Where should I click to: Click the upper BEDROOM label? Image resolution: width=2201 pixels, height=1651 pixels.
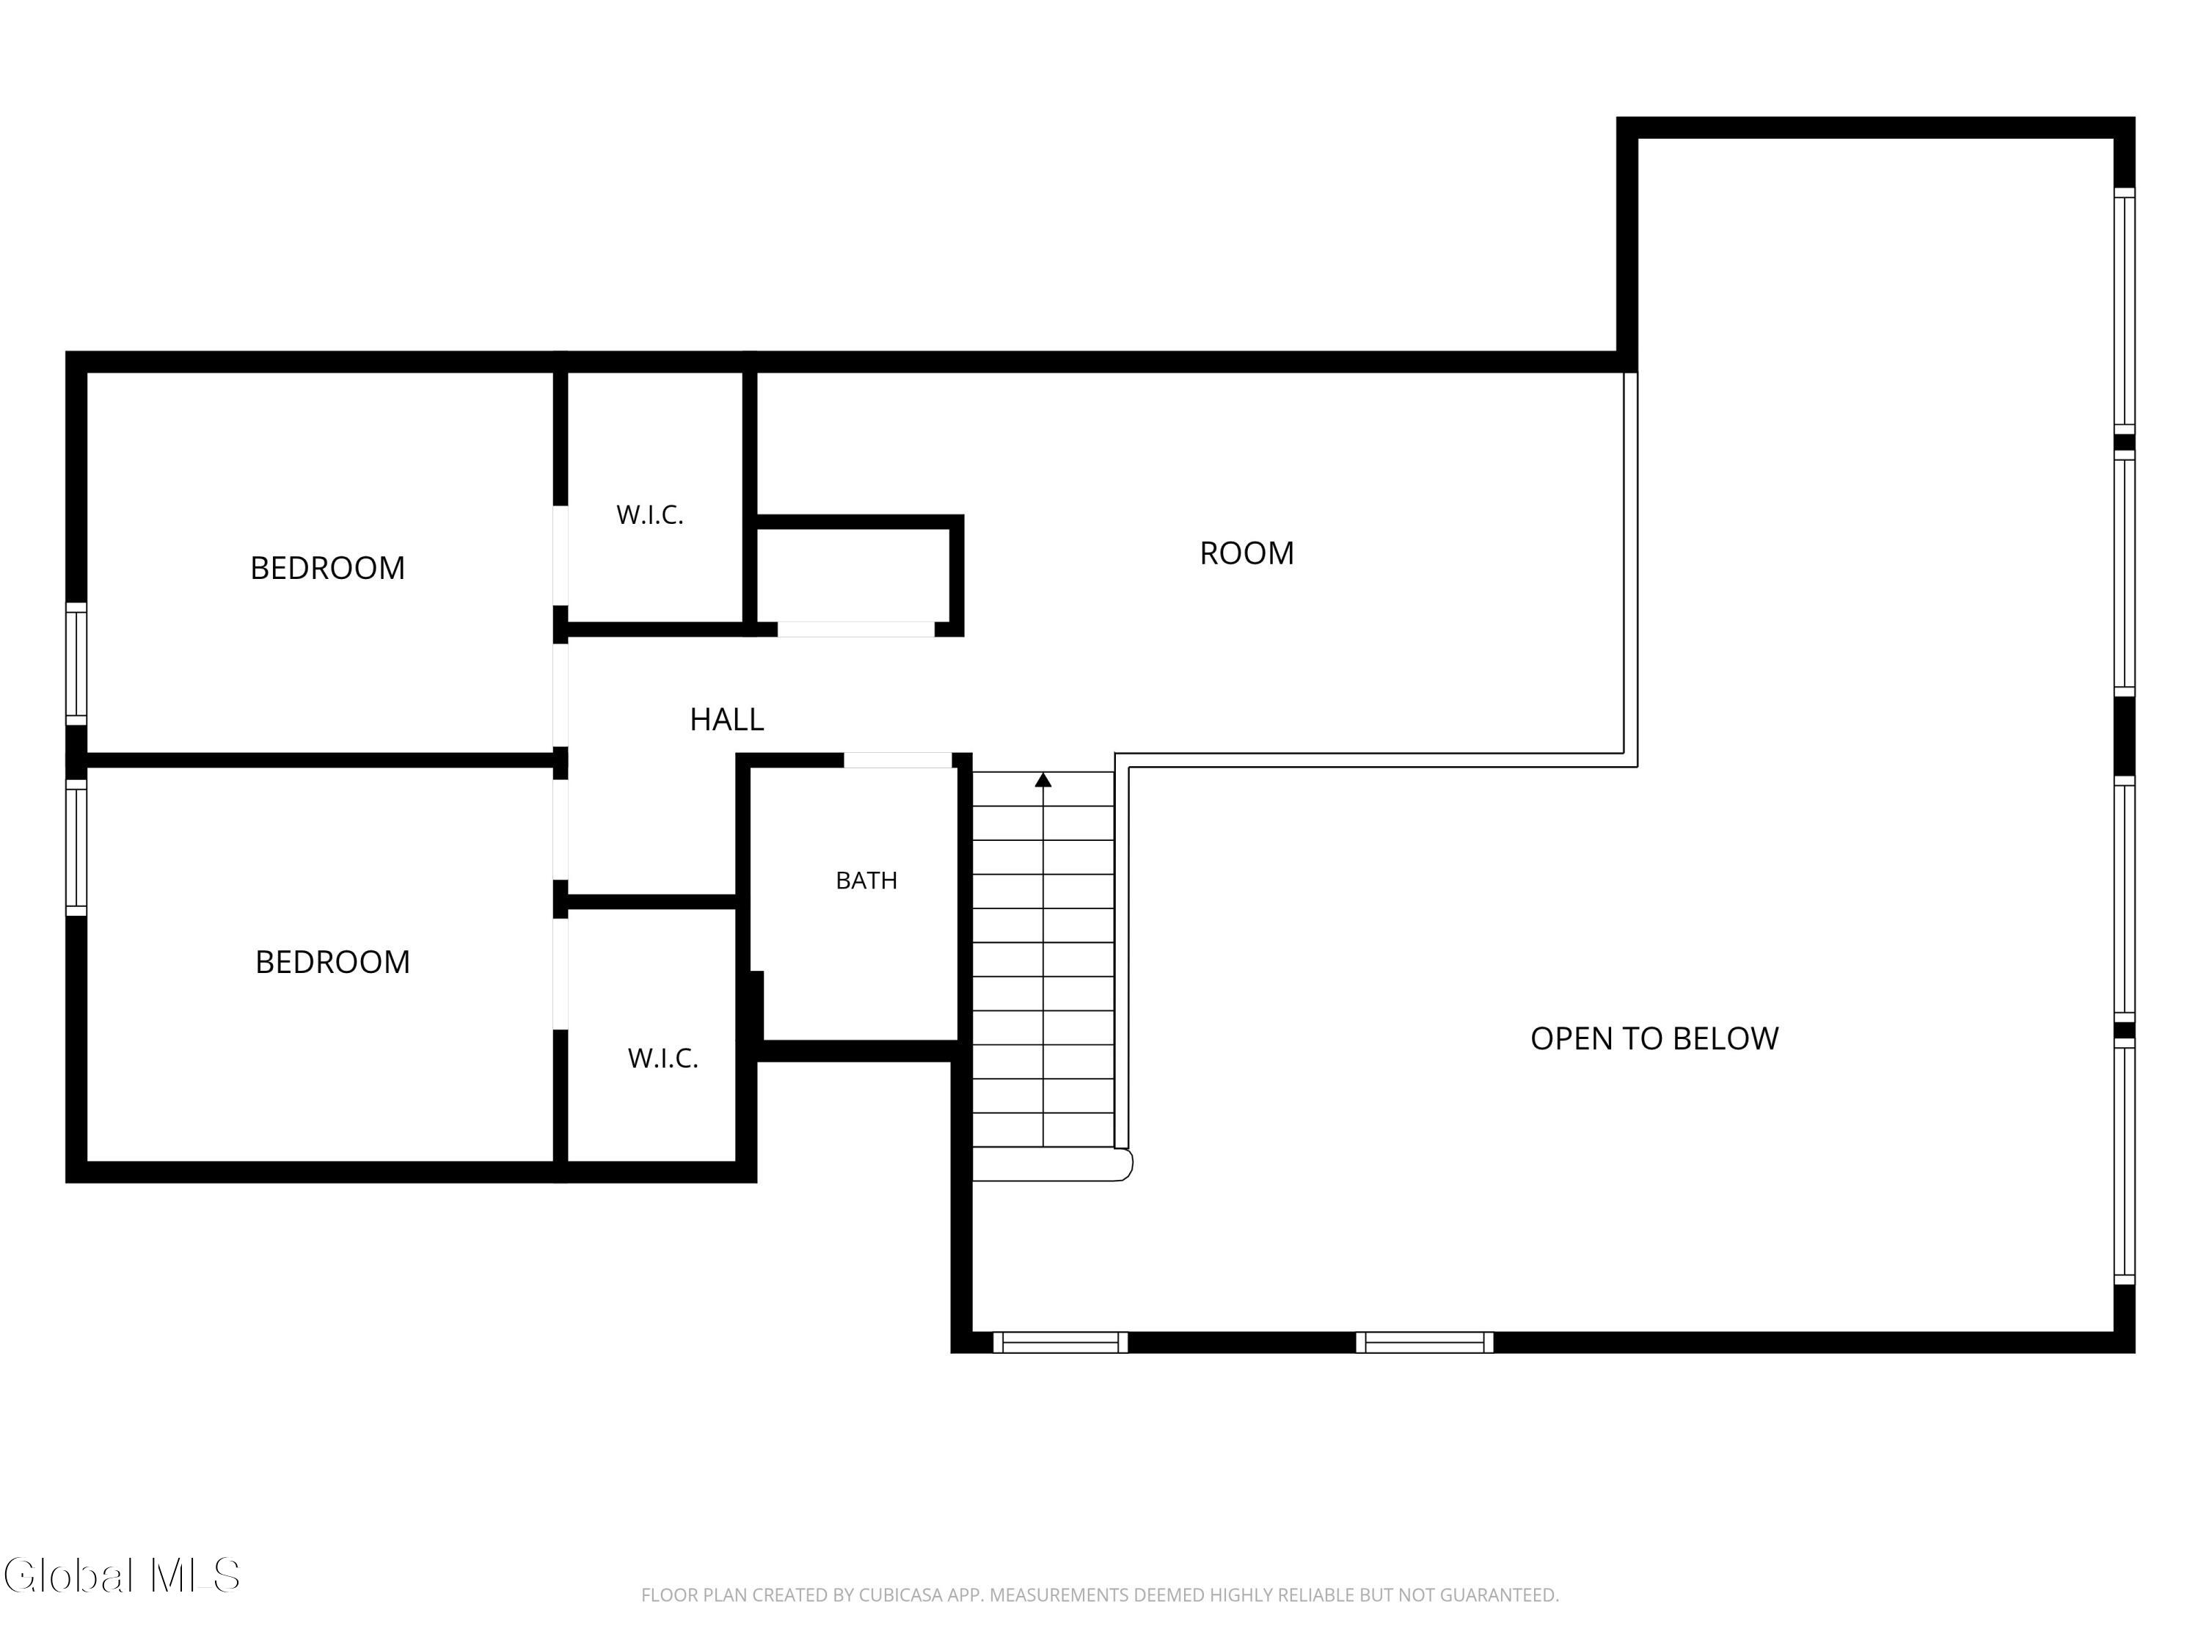(327, 567)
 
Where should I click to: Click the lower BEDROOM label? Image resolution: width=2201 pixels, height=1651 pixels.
(332, 961)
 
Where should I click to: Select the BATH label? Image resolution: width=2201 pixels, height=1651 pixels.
(866, 880)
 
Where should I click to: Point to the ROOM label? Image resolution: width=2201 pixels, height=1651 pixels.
(1246, 553)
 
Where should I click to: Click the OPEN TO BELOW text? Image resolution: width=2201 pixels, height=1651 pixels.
(1654, 1038)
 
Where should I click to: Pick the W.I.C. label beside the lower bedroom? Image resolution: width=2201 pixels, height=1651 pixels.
(663, 1058)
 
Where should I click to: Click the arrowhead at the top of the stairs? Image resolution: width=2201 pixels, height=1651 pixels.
(1043, 780)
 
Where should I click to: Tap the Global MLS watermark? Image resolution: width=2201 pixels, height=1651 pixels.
(121, 1575)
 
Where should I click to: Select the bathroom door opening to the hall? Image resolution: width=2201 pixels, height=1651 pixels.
(897, 760)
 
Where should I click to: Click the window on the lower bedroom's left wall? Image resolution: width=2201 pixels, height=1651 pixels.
(76, 846)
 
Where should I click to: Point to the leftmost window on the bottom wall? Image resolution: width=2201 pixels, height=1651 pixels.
(1061, 1343)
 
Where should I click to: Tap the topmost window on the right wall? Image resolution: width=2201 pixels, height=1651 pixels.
(2125, 310)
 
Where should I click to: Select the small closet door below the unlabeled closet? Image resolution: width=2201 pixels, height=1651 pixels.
(855, 629)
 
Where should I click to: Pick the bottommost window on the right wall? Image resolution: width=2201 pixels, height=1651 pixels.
(2125, 1160)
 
